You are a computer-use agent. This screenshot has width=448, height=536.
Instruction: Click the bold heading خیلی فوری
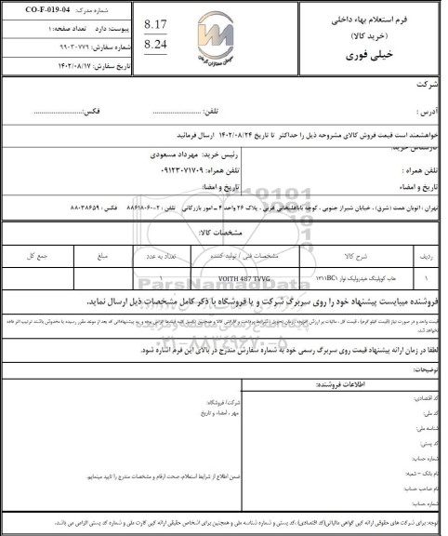(x=376, y=54)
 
